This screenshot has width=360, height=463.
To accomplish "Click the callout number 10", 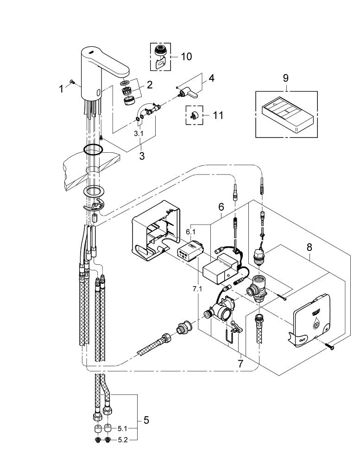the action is tap(186, 56).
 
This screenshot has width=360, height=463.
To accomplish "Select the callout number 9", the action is tap(285, 78).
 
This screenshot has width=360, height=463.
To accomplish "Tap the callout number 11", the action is tap(218, 115).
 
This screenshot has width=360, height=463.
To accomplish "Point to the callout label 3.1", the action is tap(139, 133).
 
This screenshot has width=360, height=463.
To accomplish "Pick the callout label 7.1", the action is tap(197, 289).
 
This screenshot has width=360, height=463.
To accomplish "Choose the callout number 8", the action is tap(309, 247).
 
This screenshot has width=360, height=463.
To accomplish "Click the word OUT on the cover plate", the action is tap(302, 340).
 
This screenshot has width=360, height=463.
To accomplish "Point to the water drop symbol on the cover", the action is tap(316, 325).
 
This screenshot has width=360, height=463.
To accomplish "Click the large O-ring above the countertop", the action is tap(93, 150).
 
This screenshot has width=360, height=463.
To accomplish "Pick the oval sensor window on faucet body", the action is tap(98, 94).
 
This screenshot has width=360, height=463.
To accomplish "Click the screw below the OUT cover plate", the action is tap(328, 346).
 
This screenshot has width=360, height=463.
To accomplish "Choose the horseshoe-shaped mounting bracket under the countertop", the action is tap(95, 206).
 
